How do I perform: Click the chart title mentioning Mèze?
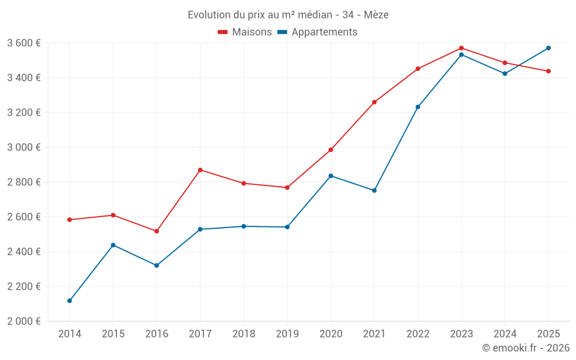[x=288, y=14]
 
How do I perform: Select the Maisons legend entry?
[x=245, y=32]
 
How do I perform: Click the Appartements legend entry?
[x=317, y=32]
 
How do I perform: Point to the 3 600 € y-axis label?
[x=24, y=43]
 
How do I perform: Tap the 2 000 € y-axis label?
[x=24, y=321]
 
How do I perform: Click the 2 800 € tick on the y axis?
[x=24, y=182]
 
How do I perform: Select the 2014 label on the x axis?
[x=70, y=334]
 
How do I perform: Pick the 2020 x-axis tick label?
[x=331, y=334]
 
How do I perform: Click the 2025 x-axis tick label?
[x=548, y=334]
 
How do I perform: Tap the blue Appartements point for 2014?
[x=70, y=301]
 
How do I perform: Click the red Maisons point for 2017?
[x=200, y=170]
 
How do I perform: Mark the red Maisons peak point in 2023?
[x=461, y=48]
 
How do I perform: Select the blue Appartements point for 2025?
[x=548, y=48]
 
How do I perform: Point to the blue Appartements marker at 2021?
[x=374, y=190]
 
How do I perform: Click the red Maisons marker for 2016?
[x=157, y=231]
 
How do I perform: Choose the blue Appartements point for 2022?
[x=418, y=107]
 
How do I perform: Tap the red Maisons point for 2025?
[x=548, y=71]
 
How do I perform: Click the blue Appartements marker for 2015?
[x=113, y=245]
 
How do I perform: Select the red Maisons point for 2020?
[x=331, y=150]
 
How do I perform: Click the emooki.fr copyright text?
[x=525, y=348]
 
